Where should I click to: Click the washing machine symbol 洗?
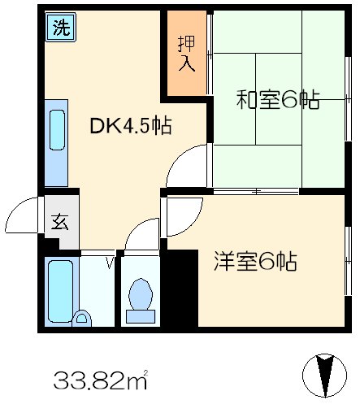pos(60,27)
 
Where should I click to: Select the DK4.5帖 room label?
pos(131,126)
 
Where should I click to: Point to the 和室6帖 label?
pos(277,101)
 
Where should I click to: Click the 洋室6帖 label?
pos(255,262)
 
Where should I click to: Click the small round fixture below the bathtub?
pos(81,317)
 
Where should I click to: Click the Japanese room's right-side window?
pos(348,98)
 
